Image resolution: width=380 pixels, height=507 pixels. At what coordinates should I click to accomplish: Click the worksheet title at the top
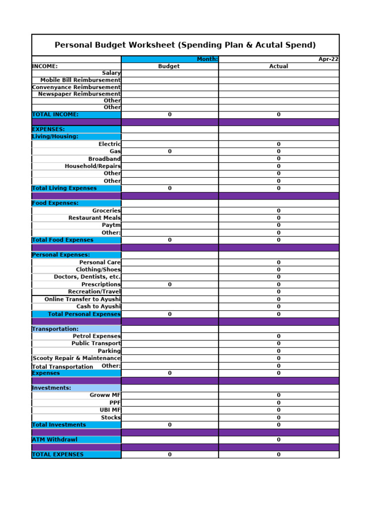click(x=185, y=45)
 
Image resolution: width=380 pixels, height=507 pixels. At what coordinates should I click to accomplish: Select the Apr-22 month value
click(x=328, y=59)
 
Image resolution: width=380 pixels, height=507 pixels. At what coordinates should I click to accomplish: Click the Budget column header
click(x=169, y=66)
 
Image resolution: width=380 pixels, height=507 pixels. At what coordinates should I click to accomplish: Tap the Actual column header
click(x=279, y=66)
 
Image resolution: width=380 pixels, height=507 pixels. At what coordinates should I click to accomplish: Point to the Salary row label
click(x=111, y=73)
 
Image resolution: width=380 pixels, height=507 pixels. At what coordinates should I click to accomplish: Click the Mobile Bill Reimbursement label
click(x=80, y=80)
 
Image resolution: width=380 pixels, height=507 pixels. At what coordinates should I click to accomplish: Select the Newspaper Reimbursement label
click(x=79, y=94)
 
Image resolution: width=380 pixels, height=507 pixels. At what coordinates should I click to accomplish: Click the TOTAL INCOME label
click(x=55, y=114)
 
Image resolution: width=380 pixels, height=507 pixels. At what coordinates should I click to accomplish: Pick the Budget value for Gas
click(x=170, y=152)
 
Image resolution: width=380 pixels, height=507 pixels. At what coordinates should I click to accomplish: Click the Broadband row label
click(x=104, y=159)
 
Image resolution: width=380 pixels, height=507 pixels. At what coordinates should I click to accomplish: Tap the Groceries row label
click(x=106, y=210)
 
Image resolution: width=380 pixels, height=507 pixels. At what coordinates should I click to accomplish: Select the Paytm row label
click(x=111, y=225)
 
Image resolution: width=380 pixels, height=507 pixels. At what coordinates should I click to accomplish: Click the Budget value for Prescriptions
click(x=170, y=285)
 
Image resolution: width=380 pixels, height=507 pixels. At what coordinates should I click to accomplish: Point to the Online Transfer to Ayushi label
click(x=83, y=299)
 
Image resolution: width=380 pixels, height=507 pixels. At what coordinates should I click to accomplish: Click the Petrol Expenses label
click(x=96, y=336)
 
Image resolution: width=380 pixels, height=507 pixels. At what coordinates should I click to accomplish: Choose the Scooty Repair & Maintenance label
click(x=76, y=358)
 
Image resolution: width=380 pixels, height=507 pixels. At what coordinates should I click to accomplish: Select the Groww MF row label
click(x=105, y=395)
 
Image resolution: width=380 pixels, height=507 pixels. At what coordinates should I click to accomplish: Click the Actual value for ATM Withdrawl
click(x=279, y=440)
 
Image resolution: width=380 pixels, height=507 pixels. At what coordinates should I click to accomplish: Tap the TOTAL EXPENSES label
click(x=57, y=455)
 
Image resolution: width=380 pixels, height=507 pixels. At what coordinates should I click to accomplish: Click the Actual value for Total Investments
click(x=279, y=425)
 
